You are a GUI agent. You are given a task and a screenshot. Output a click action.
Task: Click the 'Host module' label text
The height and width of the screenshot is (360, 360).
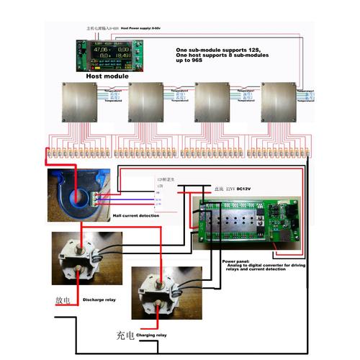click(107, 75)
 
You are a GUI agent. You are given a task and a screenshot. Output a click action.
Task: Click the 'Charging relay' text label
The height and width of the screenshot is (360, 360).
click(150, 336)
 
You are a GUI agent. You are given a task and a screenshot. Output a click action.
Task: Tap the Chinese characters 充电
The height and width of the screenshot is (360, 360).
click(125, 335)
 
